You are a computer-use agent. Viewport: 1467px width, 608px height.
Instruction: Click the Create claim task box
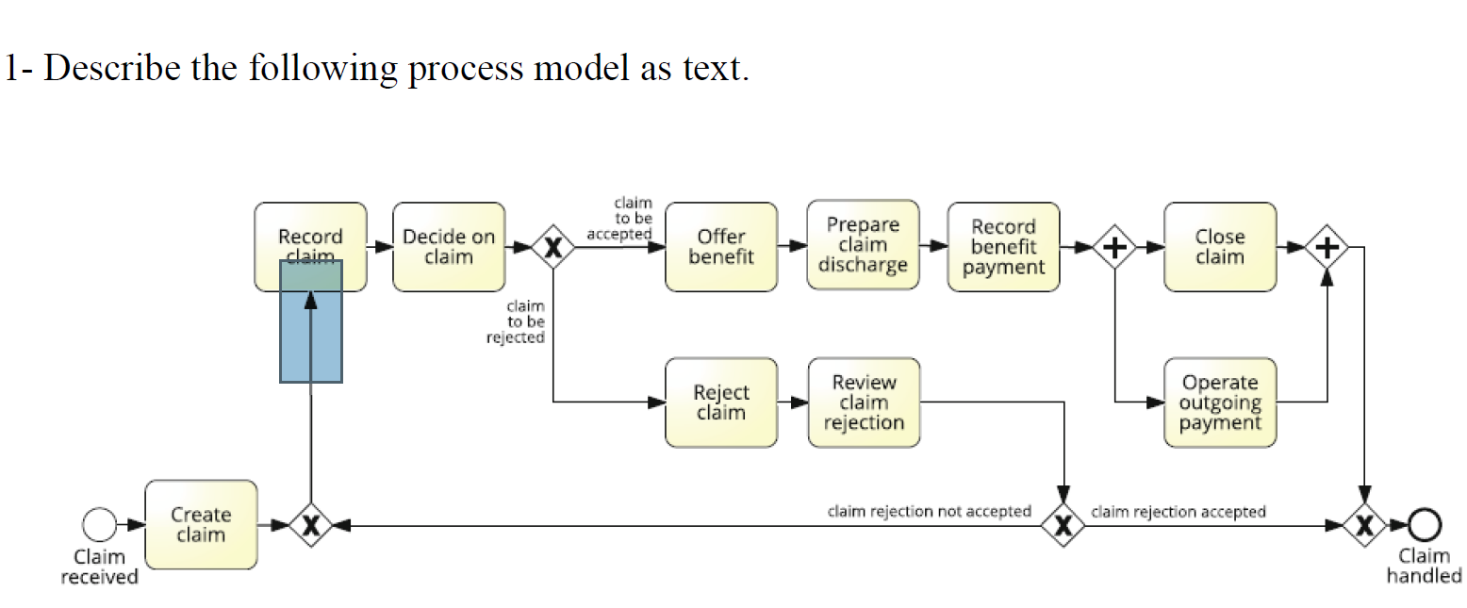click(x=201, y=525)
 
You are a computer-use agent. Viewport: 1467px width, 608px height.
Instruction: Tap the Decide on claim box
click(x=449, y=247)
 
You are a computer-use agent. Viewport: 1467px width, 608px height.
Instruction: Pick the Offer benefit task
click(x=721, y=247)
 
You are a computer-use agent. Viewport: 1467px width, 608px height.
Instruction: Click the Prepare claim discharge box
click(x=863, y=245)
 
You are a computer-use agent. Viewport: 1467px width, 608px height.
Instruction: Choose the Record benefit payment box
click(x=1003, y=247)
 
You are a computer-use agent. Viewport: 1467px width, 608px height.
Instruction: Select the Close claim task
click(x=1220, y=247)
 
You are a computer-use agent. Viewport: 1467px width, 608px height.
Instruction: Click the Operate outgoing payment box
click(x=1220, y=403)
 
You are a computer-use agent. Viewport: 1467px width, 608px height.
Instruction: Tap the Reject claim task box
click(x=721, y=403)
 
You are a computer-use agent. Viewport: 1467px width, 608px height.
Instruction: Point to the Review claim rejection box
click(x=863, y=403)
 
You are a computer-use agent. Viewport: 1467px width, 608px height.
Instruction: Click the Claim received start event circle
click(x=99, y=524)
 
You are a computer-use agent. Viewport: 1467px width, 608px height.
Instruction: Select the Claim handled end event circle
click(x=1425, y=524)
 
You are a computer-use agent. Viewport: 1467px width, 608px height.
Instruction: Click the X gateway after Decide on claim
click(x=553, y=248)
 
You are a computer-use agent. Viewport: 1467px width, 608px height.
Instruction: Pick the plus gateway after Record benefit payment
click(x=1114, y=248)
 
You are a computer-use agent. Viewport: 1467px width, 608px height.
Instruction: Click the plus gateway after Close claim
click(x=1327, y=248)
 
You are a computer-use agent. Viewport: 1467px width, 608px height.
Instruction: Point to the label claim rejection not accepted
click(x=929, y=511)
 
